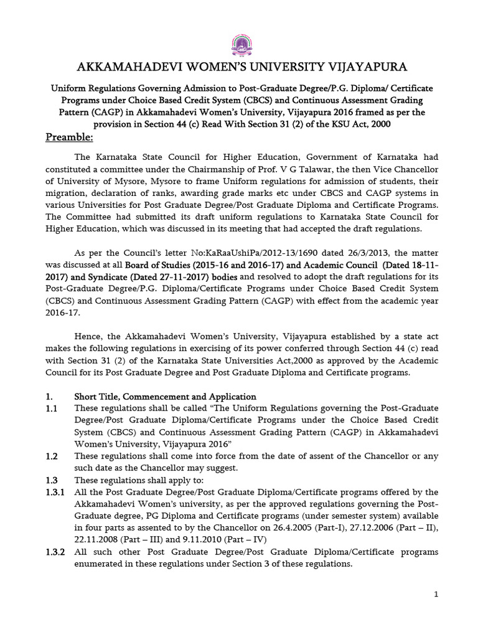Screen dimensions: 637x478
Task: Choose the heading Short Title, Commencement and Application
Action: (x=165, y=396)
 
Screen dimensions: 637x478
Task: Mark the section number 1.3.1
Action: (x=55, y=492)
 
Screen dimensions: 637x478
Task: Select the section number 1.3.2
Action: (x=55, y=552)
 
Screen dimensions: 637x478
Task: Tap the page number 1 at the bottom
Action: (x=437, y=595)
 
